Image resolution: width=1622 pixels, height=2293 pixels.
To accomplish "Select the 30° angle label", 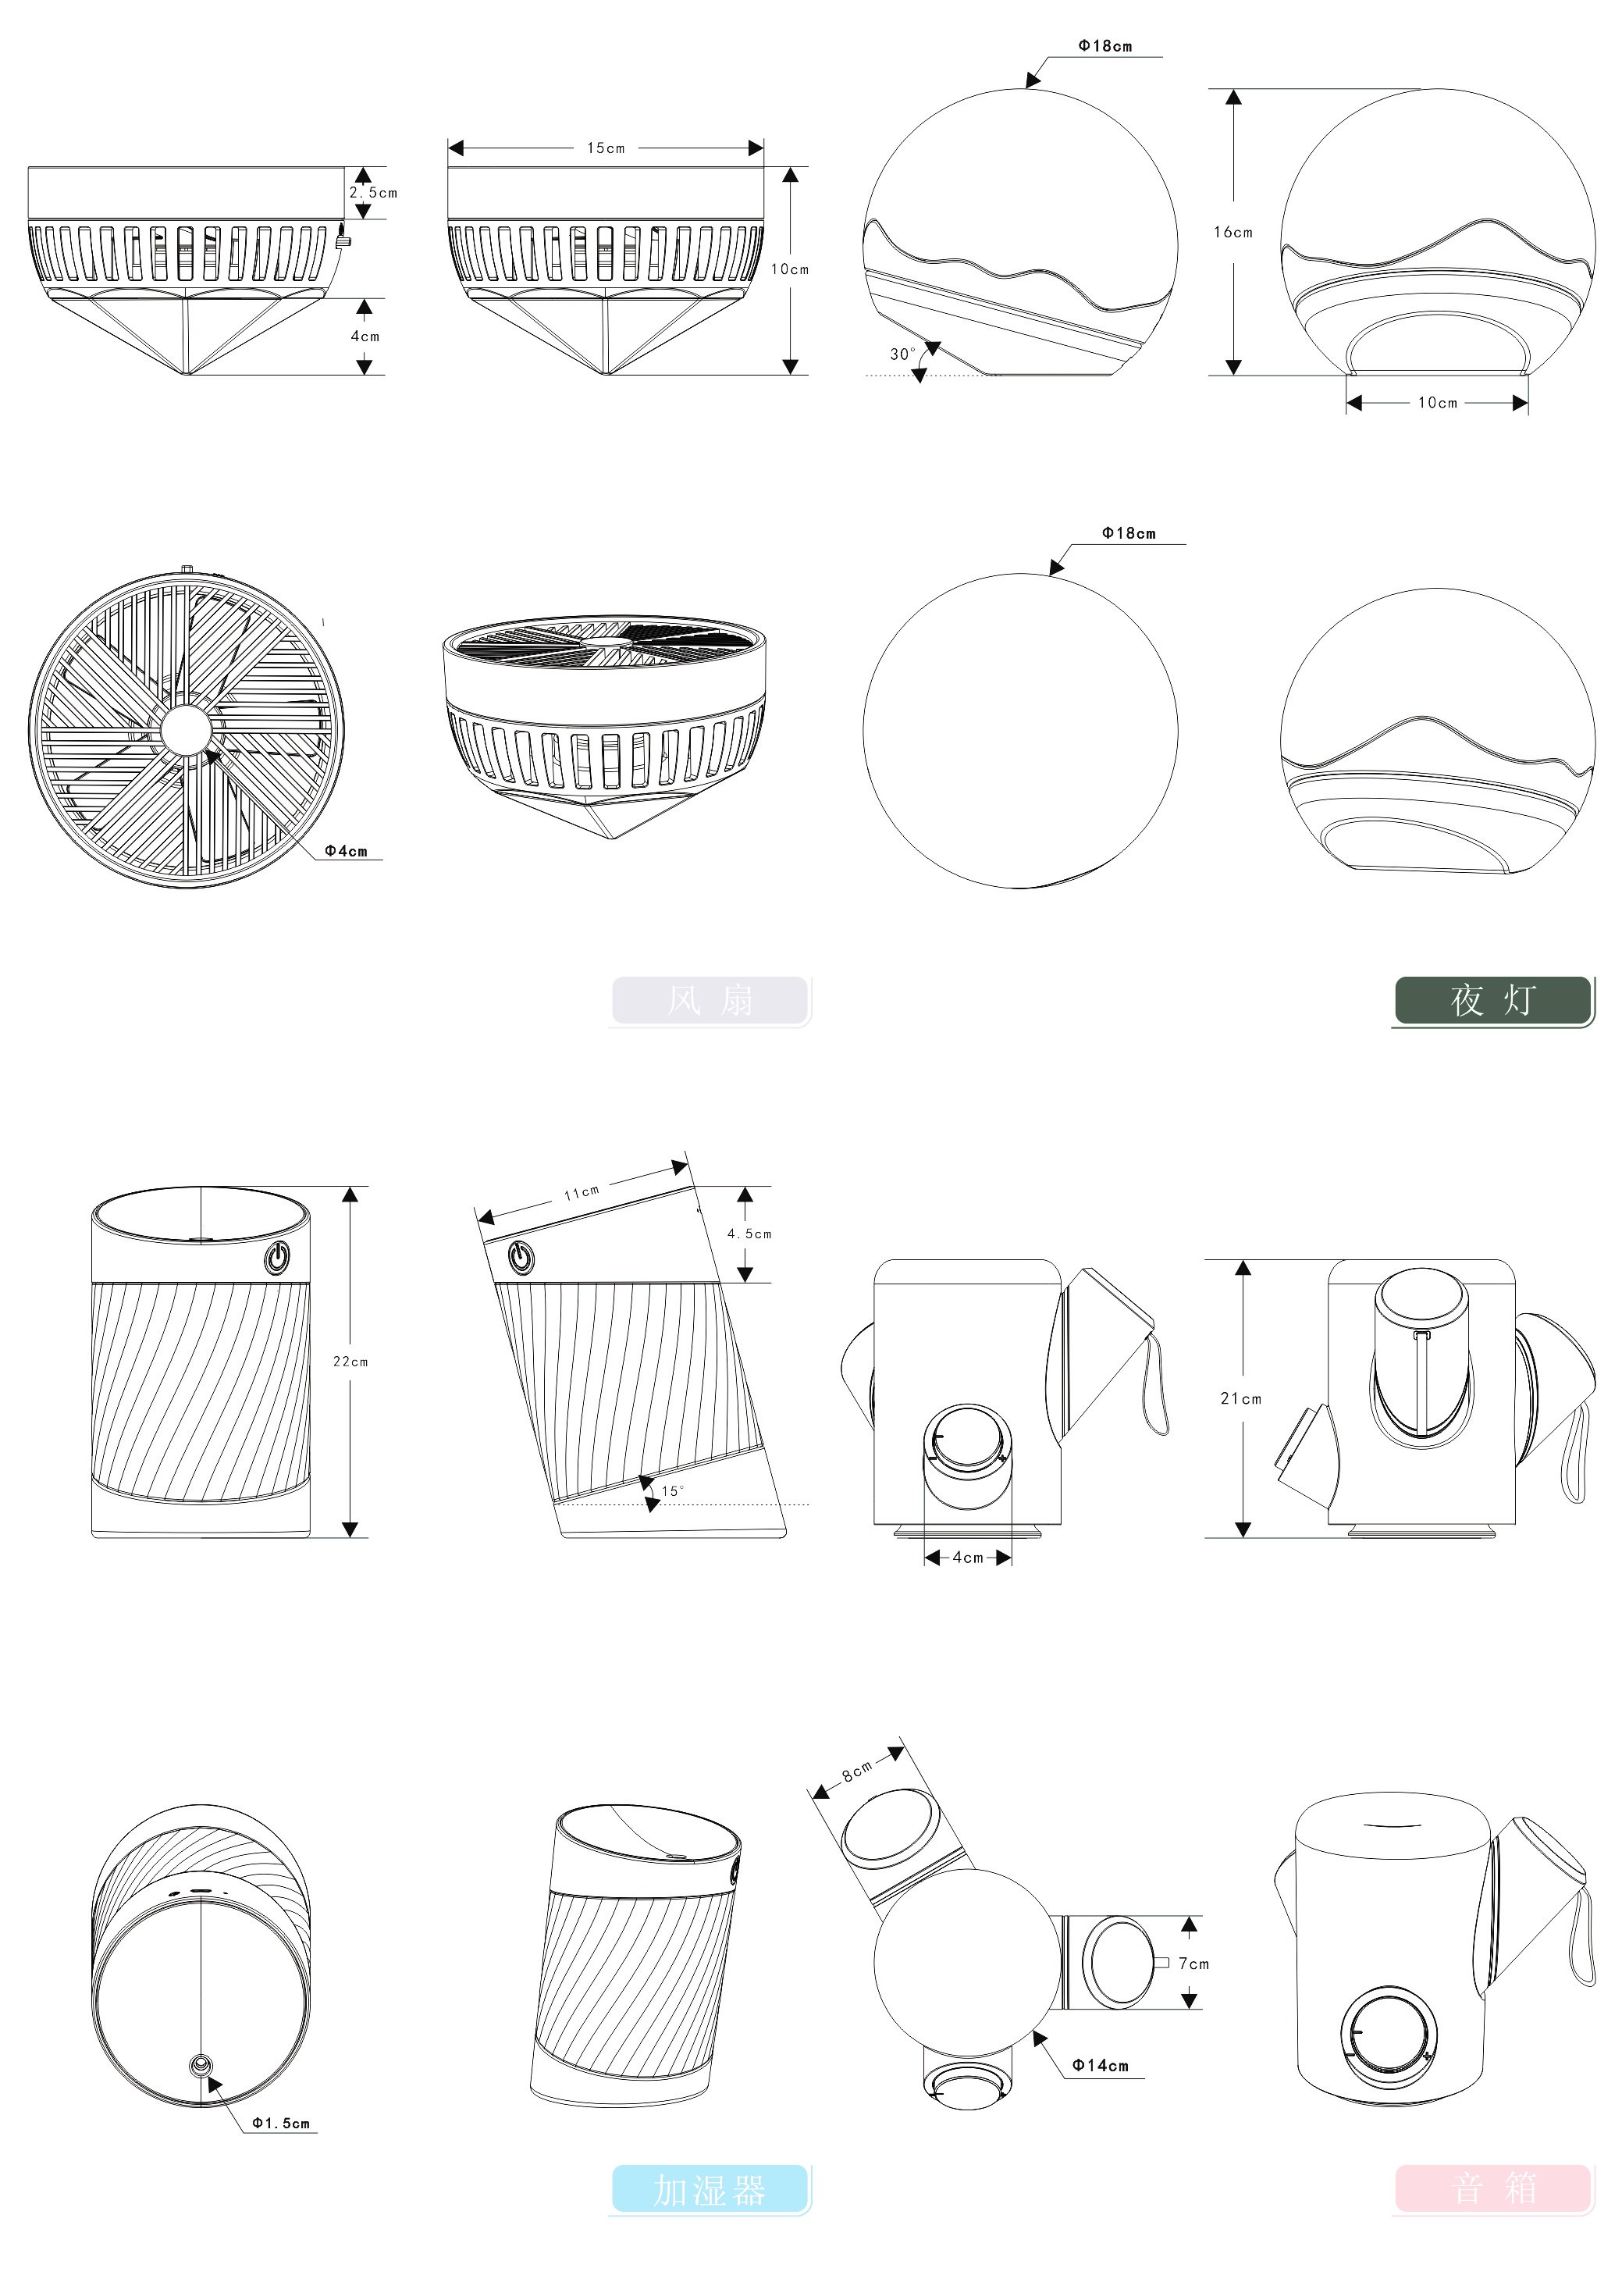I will click(902, 354).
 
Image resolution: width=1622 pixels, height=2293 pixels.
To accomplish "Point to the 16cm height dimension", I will click(1233, 233).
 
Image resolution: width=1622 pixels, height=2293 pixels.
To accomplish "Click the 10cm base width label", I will click(1437, 404).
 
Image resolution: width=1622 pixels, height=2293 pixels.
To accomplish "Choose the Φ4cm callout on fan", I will click(346, 852).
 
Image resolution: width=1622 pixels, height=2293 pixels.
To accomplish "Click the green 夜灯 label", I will click(1492, 999).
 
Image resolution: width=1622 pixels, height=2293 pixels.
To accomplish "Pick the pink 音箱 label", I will click(1492, 2188).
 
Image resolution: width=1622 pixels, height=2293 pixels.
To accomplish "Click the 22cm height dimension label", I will click(350, 1362).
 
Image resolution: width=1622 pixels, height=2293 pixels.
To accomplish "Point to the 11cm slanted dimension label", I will click(582, 1192).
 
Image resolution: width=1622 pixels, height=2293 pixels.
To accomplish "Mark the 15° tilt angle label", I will click(672, 1492).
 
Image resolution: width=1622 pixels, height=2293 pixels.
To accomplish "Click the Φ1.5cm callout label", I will click(281, 2124).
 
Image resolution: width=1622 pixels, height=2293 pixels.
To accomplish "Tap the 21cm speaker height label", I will click(1240, 1399).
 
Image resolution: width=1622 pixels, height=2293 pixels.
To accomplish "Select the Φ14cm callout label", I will click(1100, 2065).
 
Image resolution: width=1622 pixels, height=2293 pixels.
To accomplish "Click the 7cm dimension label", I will click(1193, 1964).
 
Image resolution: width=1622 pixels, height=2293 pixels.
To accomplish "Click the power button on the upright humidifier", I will click(278, 1256).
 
